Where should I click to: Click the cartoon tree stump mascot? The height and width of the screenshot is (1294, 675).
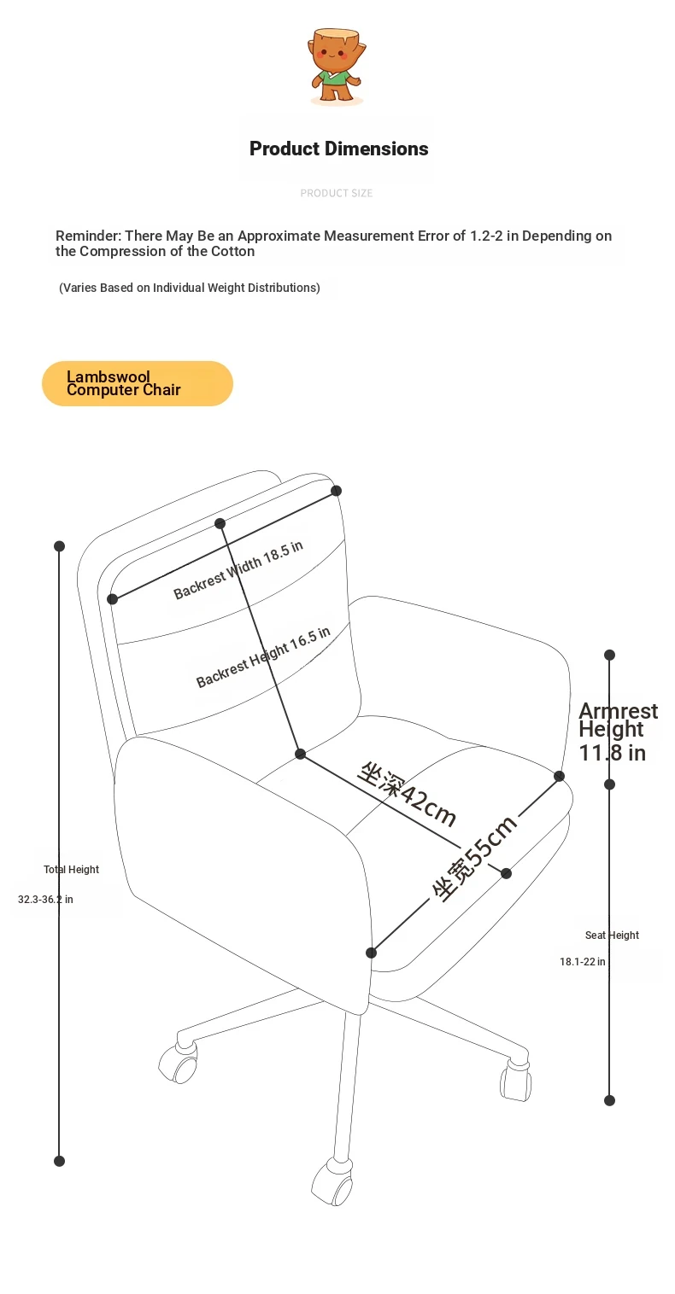[x=337, y=67]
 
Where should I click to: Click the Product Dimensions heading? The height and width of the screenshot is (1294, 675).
[x=339, y=149]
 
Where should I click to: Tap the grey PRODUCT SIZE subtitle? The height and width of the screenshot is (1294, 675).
[x=336, y=193]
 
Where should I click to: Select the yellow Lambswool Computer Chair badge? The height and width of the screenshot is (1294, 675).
[x=137, y=383]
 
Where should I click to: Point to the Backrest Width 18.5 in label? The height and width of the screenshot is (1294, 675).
[x=238, y=570]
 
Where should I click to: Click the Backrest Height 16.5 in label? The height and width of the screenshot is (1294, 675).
[x=263, y=657]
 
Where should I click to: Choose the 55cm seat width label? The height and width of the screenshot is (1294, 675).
[x=474, y=859]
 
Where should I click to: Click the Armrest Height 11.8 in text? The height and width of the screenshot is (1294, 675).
[x=618, y=732]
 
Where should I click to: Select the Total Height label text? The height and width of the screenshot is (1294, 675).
[x=71, y=870]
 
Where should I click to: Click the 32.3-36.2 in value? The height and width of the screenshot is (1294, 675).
[x=45, y=900]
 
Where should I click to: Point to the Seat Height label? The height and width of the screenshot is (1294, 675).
[x=612, y=936]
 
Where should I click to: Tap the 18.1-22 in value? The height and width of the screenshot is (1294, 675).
[x=583, y=962]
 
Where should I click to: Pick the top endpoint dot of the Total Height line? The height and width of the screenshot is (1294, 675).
[x=59, y=546]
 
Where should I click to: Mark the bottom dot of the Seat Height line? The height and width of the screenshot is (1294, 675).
[x=610, y=1100]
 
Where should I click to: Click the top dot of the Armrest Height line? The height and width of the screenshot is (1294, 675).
[x=610, y=655]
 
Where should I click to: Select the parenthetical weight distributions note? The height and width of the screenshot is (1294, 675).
[x=190, y=288]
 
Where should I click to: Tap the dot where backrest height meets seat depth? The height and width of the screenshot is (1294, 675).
[x=300, y=754]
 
